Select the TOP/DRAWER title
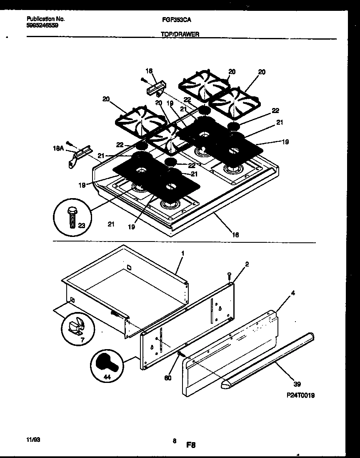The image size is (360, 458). (180, 35)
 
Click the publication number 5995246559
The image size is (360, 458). (42, 25)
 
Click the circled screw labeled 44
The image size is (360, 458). (106, 365)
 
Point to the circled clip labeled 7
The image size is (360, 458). (77, 326)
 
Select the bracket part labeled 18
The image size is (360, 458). (156, 88)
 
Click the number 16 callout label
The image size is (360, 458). (235, 235)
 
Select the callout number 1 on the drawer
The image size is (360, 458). (182, 253)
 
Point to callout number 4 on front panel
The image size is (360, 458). (293, 293)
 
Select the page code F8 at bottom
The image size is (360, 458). (191, 445)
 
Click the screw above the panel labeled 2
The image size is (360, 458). (229, 275)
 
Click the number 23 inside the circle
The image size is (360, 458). (81, 225)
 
